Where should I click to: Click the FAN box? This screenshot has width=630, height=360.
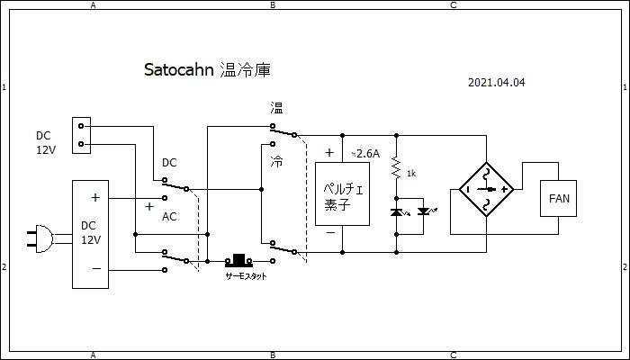558,198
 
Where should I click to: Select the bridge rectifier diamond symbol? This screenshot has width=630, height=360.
486,189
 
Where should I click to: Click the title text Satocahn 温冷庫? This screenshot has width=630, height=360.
207,70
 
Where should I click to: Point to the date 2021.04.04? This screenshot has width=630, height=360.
496,82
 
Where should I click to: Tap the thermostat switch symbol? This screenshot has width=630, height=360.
239,260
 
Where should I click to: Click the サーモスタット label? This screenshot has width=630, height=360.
246,276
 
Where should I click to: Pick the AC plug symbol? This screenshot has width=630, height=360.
40,238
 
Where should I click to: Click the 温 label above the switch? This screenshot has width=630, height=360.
276,109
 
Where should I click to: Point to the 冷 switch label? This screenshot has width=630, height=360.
276,162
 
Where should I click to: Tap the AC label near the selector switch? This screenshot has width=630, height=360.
169,218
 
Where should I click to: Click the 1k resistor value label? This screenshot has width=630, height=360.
410,172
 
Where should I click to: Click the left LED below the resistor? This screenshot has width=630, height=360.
396,211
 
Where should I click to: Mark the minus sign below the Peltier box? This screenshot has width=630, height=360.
330,232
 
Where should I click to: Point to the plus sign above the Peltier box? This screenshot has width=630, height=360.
329,153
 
